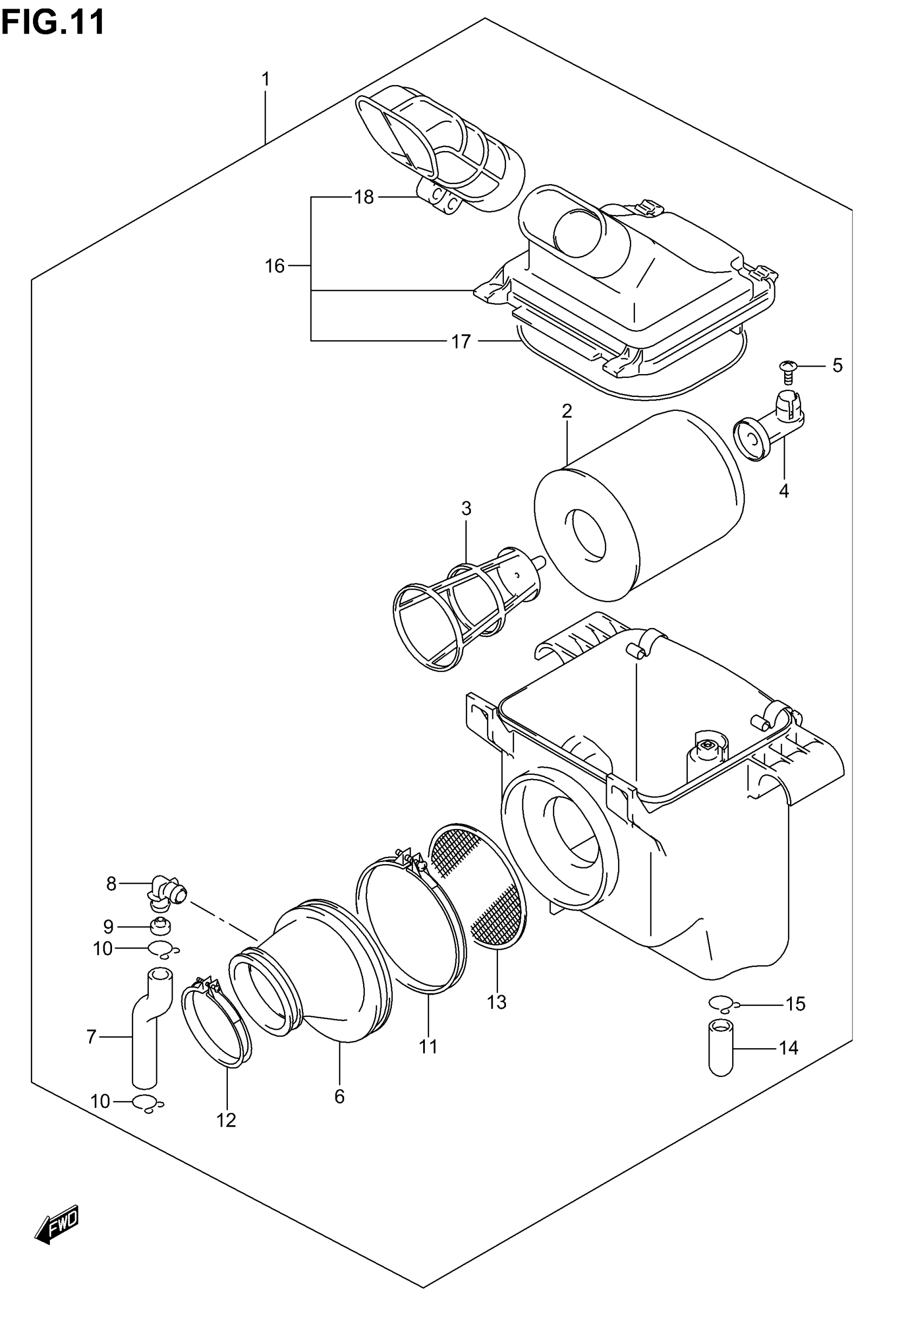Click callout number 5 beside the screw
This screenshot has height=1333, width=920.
[838, 365]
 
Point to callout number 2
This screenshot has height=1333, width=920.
[567, 411]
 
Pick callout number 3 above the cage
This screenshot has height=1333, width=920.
[466, 508]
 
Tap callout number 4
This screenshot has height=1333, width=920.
[784, 491]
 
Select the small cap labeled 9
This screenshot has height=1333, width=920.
[159, 927]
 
